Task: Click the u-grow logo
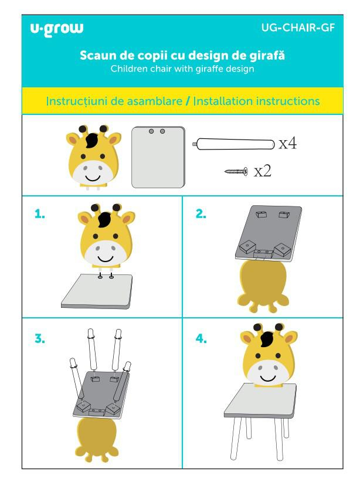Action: pos(56,29)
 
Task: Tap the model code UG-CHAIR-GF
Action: pos(298,28)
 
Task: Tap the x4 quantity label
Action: pos(287,144)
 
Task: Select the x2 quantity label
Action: pos(262,171)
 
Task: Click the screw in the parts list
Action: pos(236,171)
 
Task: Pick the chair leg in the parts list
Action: pos(233,144)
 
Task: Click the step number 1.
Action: pos(40,213)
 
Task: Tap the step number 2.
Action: pos(201,213)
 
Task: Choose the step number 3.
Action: pos(40,338)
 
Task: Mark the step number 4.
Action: pos(201,338)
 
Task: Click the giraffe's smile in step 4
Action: pos(268,377)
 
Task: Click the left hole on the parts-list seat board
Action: pos(151,131)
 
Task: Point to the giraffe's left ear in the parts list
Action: pos(74,140)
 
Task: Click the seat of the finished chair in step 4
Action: pos(260,400)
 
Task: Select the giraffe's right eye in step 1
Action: pos(116,236)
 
